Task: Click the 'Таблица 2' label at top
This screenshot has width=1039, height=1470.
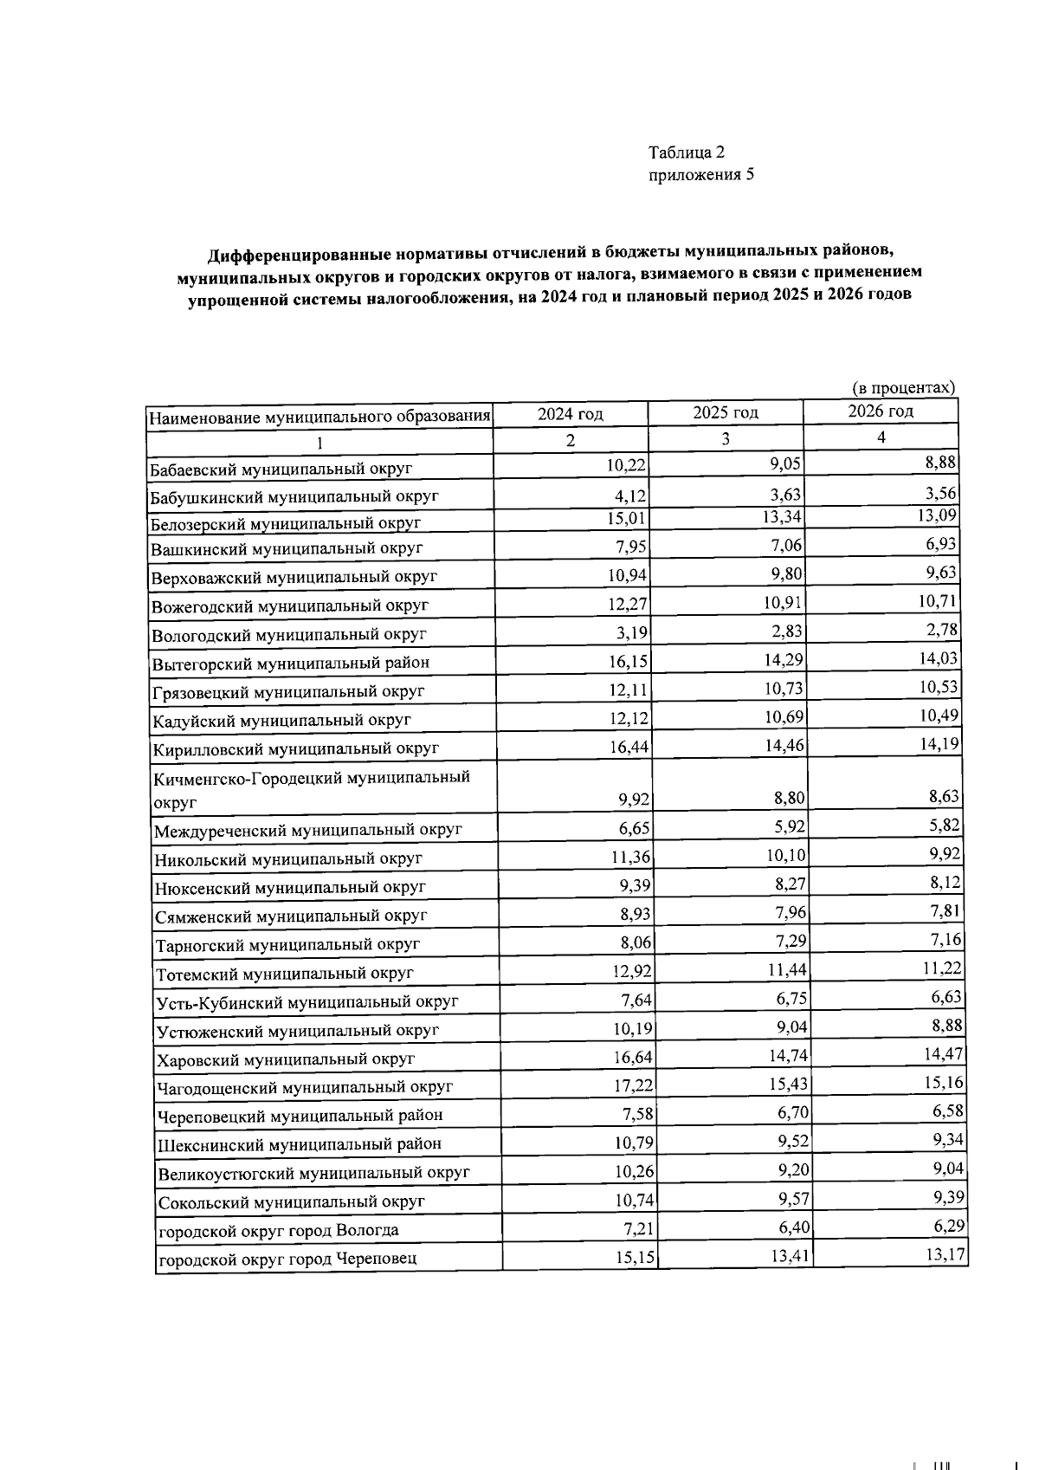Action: (687, 152)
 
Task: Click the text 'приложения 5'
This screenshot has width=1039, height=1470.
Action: (701, 175)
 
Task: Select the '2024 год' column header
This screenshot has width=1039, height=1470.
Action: (570, 414)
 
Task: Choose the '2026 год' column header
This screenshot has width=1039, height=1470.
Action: (880, 411)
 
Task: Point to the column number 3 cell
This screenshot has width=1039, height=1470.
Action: (726, 439)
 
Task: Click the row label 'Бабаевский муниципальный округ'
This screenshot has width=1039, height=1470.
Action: (281, 469)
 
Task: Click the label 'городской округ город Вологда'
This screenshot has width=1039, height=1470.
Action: (278, 1230)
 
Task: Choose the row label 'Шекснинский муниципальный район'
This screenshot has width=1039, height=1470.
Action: (300, 1143)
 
